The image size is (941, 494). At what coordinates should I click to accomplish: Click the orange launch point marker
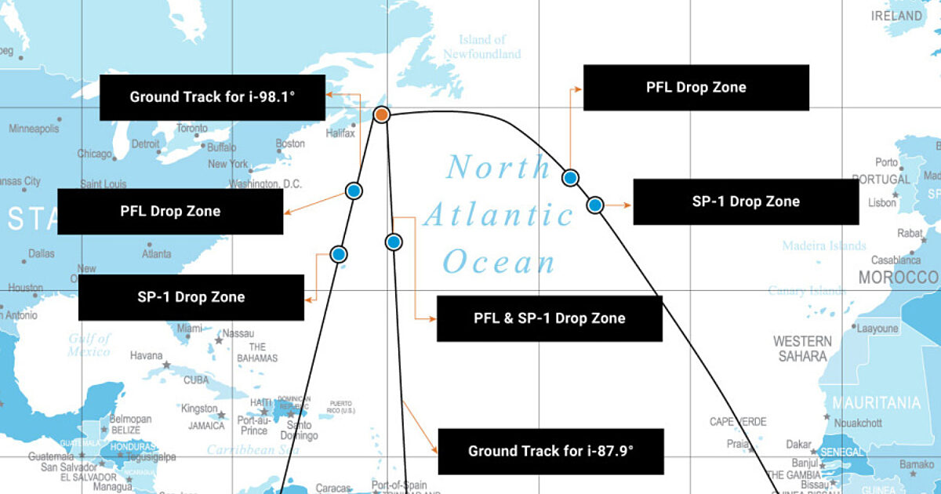coord(381,114)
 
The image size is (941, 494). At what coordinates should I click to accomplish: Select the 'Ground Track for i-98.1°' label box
coord(213,98)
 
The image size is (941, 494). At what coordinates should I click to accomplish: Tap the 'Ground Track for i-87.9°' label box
coord(550,451)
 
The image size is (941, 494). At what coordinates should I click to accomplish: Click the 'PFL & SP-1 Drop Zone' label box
coord(549,318)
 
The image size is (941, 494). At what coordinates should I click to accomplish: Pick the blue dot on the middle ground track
coord(394,242)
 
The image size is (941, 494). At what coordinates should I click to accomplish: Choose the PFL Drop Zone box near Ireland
coord(696,87)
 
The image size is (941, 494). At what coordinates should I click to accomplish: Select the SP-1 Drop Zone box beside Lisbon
coord(745,202)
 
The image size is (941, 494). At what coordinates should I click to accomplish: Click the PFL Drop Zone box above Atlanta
coord(170,211)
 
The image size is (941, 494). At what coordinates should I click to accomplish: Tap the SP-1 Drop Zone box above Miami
coord(191,297)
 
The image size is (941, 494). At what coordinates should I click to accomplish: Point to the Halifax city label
coord(340,133)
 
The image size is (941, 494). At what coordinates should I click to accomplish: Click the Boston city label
coord(290,143)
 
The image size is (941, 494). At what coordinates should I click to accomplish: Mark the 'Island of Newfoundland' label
coord(481,47)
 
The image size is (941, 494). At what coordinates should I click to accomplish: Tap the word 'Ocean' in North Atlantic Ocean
coord(499,263)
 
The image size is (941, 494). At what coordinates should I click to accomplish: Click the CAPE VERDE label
coord(738,422)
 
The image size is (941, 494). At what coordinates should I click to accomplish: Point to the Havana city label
coord(146,355)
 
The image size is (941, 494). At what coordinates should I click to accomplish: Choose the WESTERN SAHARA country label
coord(802,348)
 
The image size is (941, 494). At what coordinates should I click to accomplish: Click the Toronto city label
coord(192,128)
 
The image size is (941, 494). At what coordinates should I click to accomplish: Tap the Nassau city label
coord(238,333)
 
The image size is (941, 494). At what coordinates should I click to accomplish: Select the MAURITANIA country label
coord(876,403)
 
